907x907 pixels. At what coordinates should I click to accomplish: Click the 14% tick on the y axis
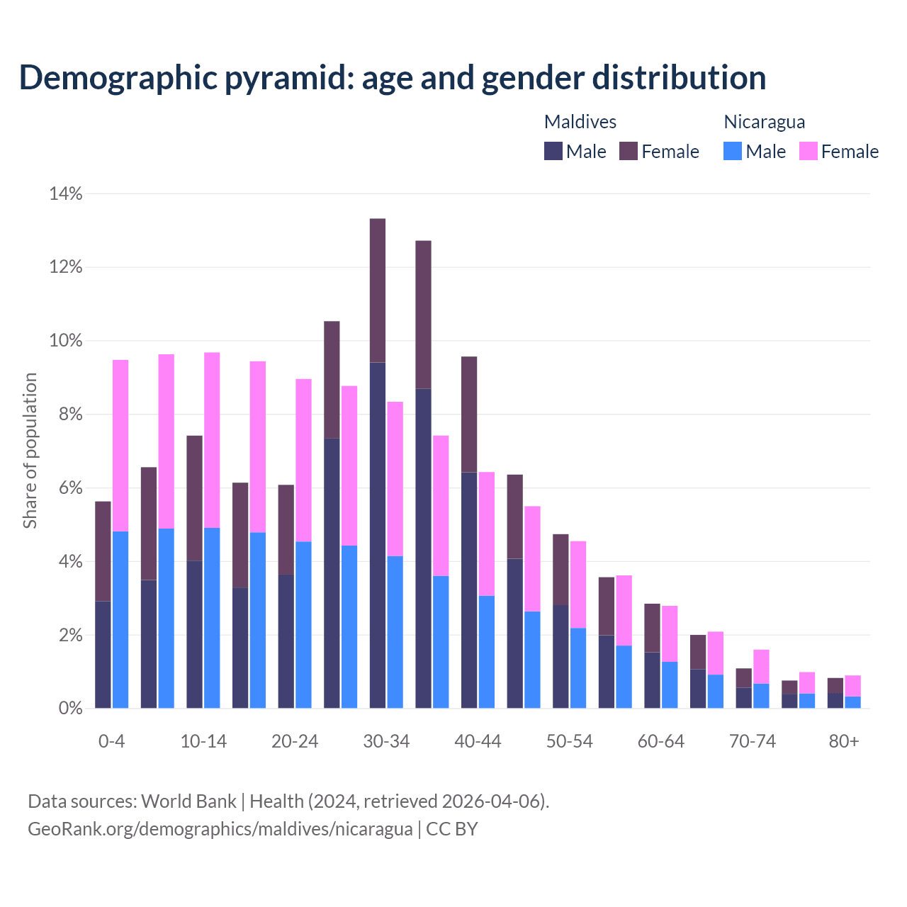tap(66, 193)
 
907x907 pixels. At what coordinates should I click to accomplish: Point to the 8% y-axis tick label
tap(69, 415)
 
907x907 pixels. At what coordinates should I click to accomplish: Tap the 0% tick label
tap(69, 709)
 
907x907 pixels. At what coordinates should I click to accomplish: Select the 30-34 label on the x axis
tap(386, 741)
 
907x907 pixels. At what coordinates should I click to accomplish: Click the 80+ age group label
tap(844, 741)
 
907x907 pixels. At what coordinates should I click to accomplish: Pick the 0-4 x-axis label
tap(112, 741)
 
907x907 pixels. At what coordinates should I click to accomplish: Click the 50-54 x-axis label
tap(569, 741)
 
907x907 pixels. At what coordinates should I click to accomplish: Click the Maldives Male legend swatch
tap(553, 151)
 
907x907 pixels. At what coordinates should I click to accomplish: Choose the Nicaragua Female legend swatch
tap(809, 151)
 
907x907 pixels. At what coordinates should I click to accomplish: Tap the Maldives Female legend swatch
tap(629, 151)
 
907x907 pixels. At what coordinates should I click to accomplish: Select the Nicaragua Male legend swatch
tap(733, 151)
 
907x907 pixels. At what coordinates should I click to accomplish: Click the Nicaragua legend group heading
tap(764, 122)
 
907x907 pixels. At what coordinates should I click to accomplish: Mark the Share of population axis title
tap(30, 451)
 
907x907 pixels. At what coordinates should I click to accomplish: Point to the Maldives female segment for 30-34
tap(378, 291)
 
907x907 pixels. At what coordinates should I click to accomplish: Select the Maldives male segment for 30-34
tap(378, 535)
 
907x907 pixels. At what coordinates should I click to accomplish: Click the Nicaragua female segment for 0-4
tap(120, 446)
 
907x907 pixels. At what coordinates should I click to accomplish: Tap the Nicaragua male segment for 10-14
tap(212, 618)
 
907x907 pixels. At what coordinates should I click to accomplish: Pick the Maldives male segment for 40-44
tap(469, 590)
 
